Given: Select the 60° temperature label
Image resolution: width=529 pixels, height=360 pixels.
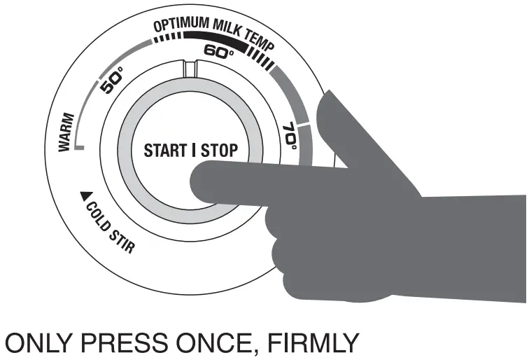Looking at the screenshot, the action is tap(219, 51).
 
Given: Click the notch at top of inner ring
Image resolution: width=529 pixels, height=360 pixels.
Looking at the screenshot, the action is tap(190, 68).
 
